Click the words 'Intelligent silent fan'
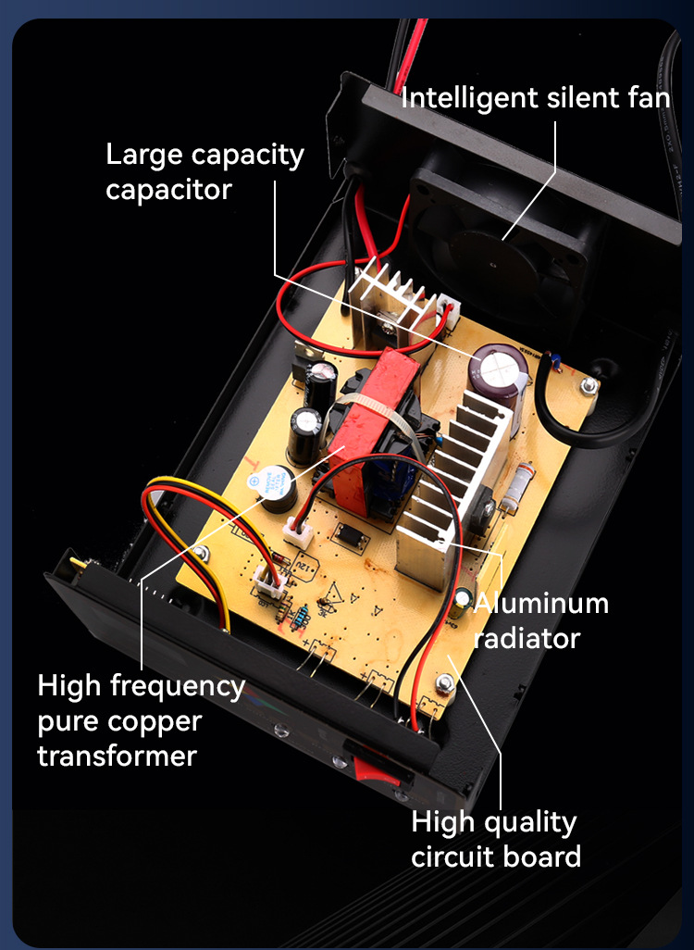pos(535,97)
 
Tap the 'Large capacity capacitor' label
pos(204,171)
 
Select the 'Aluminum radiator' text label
pos(541,620)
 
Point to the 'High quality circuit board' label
pos(495,839)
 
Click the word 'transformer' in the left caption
pos(117,756)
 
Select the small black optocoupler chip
pos(351,534)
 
